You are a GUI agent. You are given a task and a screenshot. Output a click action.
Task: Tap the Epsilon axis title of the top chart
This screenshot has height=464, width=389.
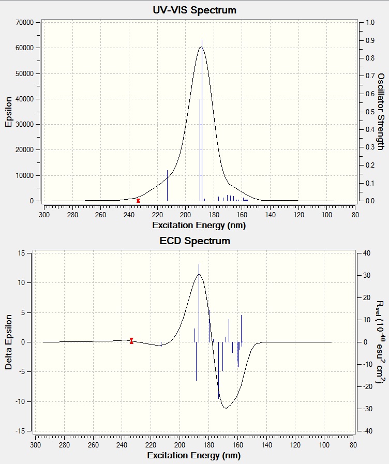[x=9, y=111]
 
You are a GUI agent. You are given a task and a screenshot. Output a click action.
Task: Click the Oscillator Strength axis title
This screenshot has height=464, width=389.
[x=380, y=112]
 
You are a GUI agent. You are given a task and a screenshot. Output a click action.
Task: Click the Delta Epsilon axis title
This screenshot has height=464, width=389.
[x=9, y=342]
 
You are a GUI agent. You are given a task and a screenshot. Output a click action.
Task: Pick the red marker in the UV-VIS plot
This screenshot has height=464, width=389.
[x=138, y=200]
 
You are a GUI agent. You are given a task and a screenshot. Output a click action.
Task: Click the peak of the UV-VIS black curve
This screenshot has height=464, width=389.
[x=201, y=47]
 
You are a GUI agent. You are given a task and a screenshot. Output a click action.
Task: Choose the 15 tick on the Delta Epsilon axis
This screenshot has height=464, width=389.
[x=22, y=253]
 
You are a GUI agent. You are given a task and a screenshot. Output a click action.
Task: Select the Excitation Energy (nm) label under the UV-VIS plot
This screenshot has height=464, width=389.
[x=199, y=226]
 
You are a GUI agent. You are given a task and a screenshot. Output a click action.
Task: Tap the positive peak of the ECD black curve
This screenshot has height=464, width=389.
[x=199, y=275]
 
